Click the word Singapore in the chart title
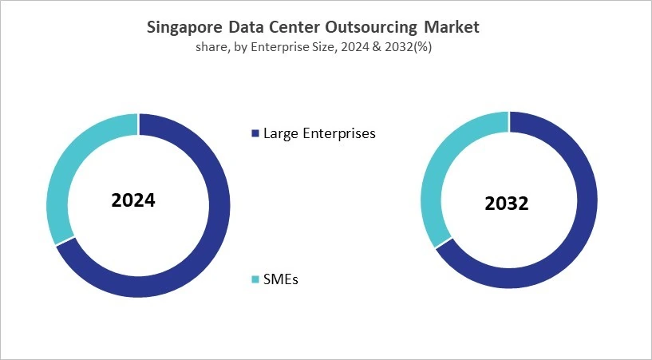183,27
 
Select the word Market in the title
452,27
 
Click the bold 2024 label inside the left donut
133,200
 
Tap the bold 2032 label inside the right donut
507,204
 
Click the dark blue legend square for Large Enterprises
255,133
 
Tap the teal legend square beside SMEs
255,279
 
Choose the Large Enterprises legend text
319,133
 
